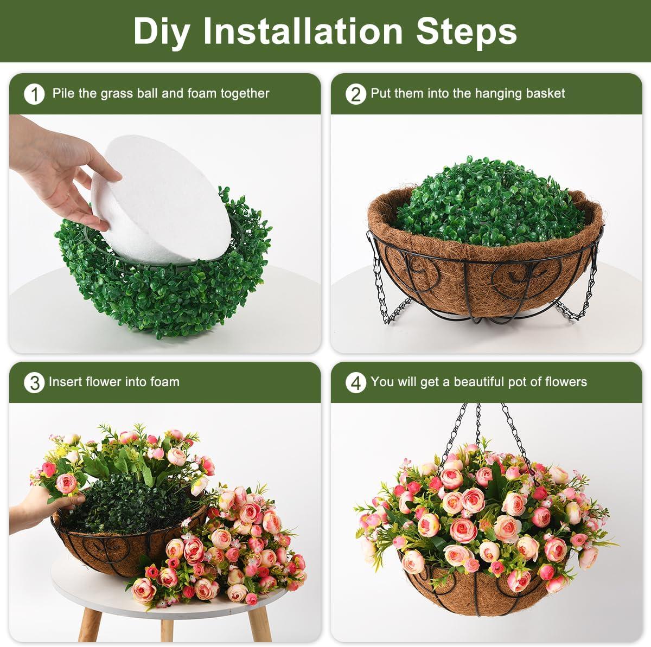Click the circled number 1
35,94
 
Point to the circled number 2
356,94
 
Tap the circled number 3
35,383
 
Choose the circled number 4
356,383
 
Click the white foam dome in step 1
162,200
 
